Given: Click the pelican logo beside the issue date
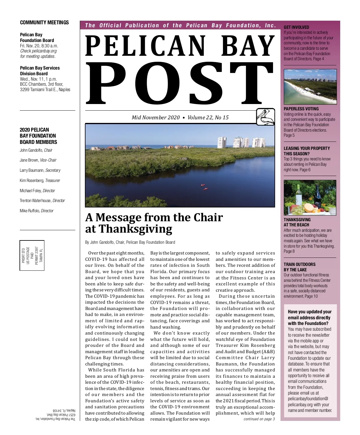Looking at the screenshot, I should coord(265,117).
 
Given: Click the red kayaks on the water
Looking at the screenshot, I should coord(204,187).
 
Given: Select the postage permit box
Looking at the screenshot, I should coord(32,255).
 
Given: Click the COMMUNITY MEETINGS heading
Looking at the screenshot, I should coord(44,22).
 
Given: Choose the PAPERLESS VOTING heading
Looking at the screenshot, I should coord(301,109).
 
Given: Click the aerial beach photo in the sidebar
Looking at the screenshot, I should coord(310,87).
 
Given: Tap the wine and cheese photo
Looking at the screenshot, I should coord(310,198).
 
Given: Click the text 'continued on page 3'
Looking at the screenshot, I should coord(259,419).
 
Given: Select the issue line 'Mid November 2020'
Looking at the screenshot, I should coord(156,118).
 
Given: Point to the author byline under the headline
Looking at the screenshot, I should coord(130,242).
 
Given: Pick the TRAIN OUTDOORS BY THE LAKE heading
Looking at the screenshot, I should coord(299,267).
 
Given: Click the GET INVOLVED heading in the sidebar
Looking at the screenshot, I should coord(296,27).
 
